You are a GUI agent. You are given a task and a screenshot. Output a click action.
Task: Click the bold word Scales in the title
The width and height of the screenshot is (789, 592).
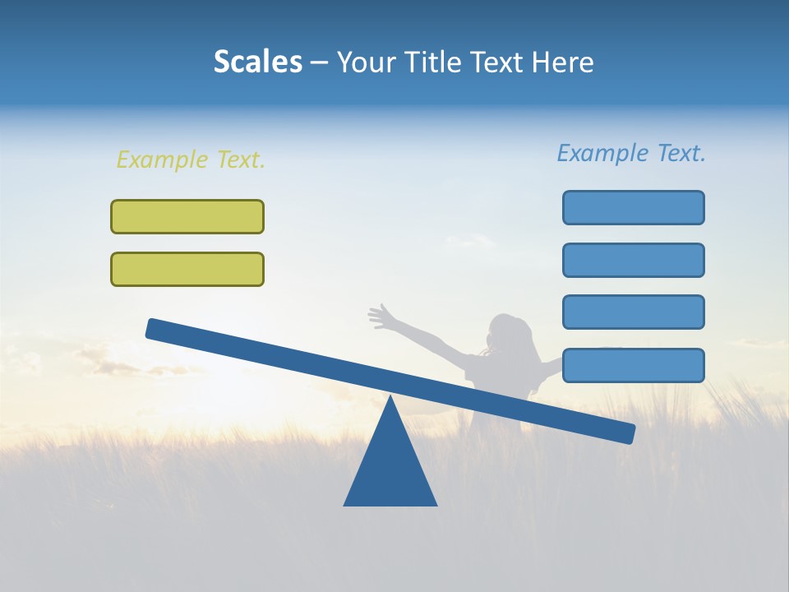(x=257, y=62)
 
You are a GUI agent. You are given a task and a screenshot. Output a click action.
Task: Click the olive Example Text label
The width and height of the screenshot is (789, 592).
(x=191, y=160)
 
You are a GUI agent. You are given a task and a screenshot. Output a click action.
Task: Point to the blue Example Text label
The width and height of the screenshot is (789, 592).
(x=631, y=153)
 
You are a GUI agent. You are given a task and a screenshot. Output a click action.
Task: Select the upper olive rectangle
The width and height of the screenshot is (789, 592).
(x=187, y=216)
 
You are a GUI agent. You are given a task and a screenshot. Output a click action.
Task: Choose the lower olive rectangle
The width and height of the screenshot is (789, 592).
(x=187, y=269)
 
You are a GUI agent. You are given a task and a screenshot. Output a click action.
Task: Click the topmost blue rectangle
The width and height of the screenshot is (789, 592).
(x=634, y=207)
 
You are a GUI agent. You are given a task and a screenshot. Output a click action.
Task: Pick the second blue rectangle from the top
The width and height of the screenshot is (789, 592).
(x=634, y=260)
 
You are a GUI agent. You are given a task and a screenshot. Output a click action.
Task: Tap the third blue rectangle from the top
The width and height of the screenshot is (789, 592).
(x=634, y=312)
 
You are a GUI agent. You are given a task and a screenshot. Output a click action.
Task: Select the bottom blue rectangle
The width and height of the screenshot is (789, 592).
(x=634, y=365)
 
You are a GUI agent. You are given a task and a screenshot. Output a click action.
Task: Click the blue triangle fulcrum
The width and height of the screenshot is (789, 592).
(x=390, y=469)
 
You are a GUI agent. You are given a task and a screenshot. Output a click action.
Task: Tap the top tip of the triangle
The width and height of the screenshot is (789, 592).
(x=390, y=398)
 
